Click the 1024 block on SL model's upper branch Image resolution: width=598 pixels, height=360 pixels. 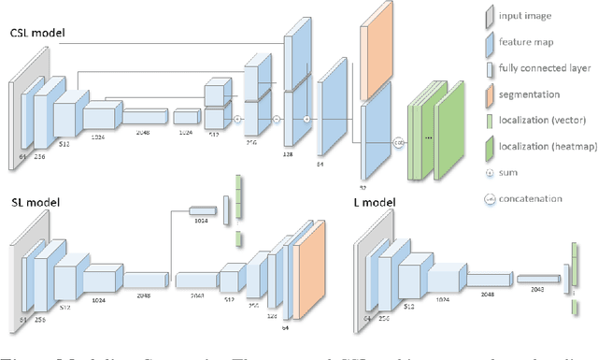tap(201, 209)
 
